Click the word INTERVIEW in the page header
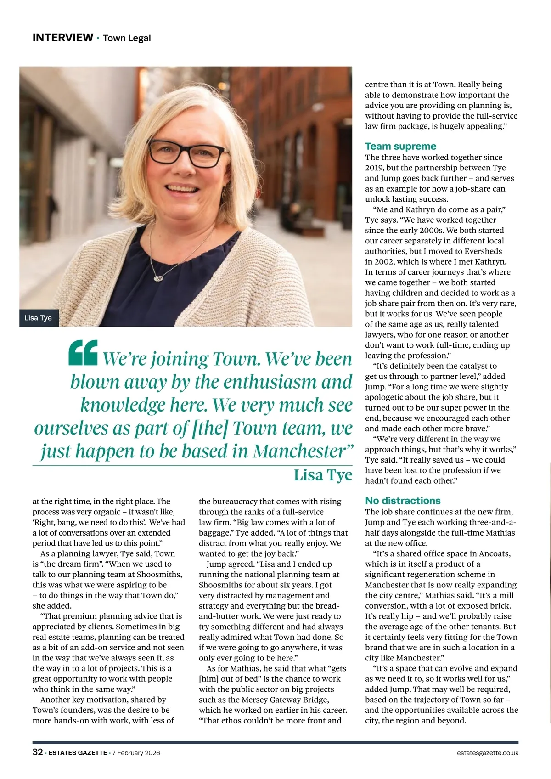[62, 38]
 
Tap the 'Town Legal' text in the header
[127, 38]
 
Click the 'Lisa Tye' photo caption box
[39, 318]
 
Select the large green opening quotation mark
[83, 353]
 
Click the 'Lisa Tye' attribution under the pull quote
[323, 475]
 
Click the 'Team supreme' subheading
[400, 146]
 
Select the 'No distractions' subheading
[403, 501]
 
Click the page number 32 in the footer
[38, 752]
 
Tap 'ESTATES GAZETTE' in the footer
[78, 753]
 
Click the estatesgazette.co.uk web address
[488, 753]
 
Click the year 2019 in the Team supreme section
[374, 168]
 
